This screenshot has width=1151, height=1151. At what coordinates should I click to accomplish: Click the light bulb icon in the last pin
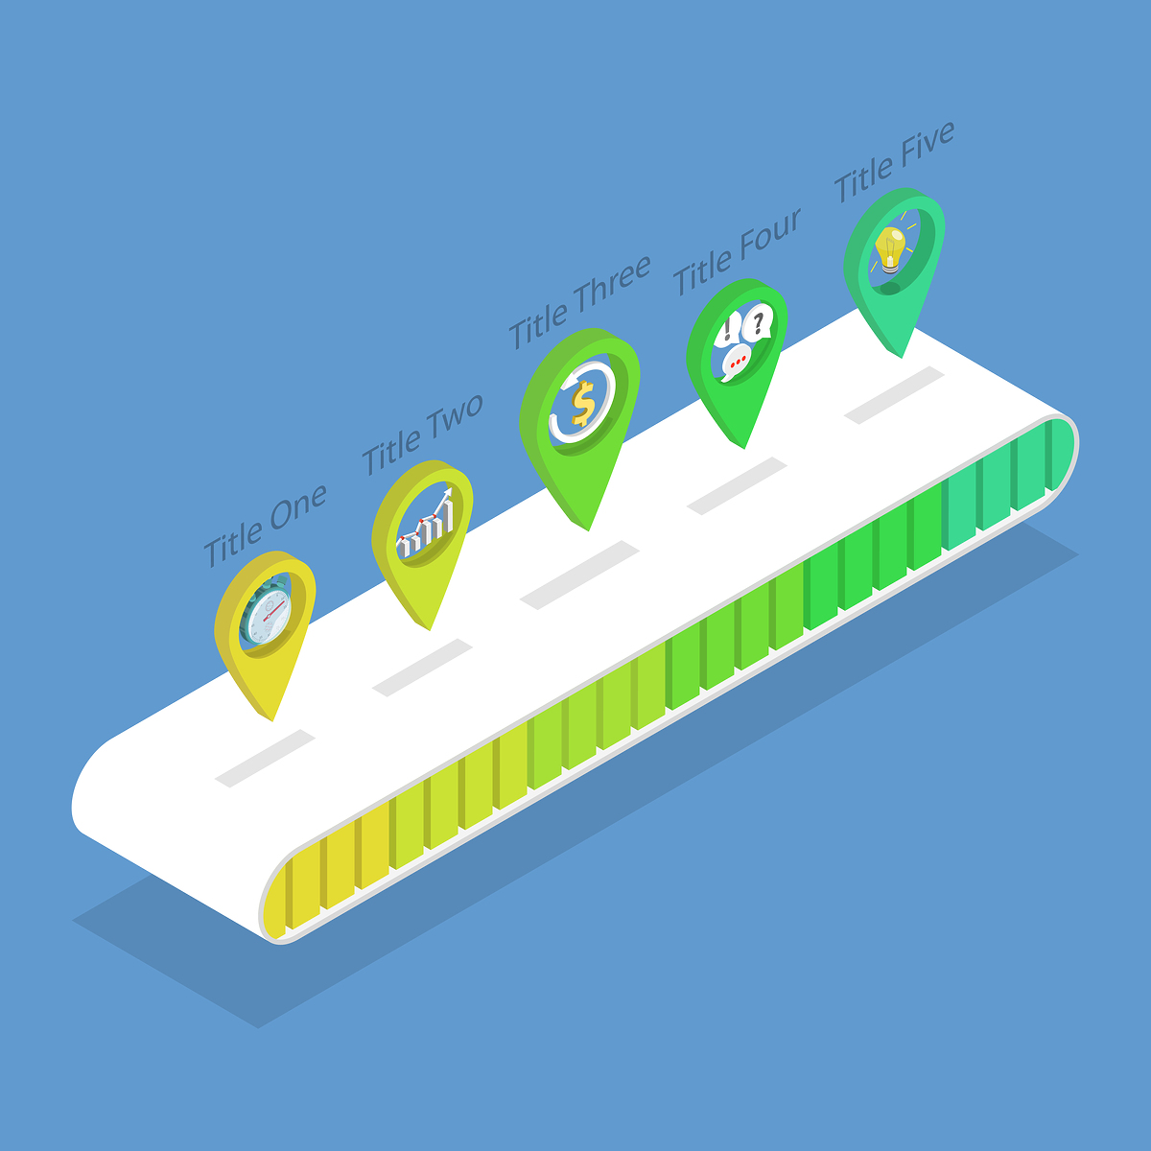click(890, 247)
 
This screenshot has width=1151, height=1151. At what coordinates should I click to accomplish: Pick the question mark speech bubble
click(759, 322)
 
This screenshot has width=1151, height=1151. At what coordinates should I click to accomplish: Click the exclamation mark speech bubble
click(728, 331)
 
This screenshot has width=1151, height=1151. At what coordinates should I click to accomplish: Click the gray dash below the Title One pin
click(265, 758)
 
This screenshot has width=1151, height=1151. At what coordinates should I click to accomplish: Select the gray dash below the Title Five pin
click(894, 394)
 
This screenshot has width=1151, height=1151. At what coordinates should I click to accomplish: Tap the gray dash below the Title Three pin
click(579, 575)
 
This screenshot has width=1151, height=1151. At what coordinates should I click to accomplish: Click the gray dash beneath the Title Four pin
click(737, 485)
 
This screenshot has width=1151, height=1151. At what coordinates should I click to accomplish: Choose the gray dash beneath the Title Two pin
click(422, 667)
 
